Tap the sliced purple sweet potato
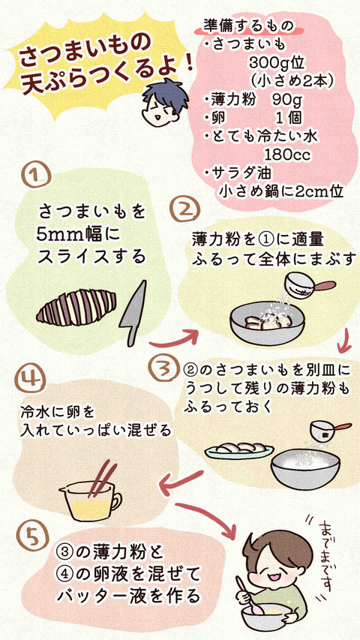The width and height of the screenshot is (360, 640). (76, 307)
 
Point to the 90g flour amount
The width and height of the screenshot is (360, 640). (286, 100)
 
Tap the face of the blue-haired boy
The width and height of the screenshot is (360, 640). (162, 108)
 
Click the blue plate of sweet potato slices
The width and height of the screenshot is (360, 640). (239, 450)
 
